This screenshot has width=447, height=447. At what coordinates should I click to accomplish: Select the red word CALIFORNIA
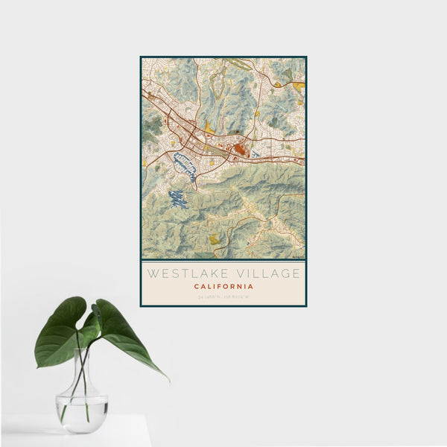click(223, 286)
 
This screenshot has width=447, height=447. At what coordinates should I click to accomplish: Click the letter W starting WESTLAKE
click(152, 273)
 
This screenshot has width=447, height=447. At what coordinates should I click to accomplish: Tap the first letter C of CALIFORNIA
click(197, 286)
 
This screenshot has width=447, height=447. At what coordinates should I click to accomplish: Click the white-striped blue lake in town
click(184, 166)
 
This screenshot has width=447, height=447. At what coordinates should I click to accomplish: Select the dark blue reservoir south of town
click(177, 199)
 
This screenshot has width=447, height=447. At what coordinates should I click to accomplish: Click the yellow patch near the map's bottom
click(215, 239)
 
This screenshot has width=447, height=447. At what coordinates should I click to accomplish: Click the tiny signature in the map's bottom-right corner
click(298, 256)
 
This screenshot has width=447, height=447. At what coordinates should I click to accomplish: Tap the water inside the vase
click(82, 412)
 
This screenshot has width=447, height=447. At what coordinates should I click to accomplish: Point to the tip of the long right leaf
click(167, 380)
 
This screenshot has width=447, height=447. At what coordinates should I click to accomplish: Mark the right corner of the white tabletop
click(150, 417)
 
